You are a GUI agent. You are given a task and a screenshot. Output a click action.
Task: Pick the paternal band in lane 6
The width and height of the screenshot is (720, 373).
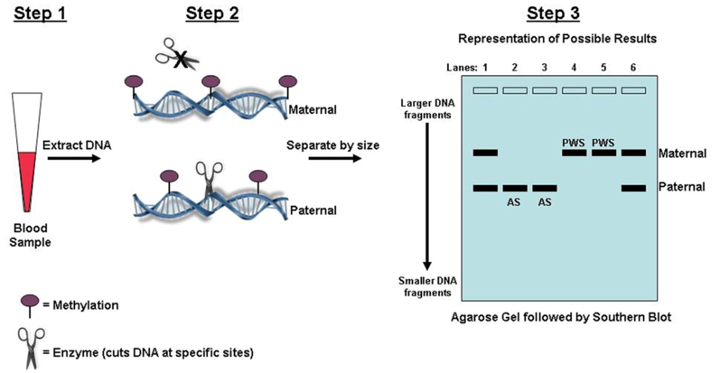(633, 188)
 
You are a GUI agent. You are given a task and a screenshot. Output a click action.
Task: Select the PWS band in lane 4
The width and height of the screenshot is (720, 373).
(574, 153)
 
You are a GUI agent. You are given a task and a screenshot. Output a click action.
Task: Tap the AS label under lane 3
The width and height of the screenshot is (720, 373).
(544, 203)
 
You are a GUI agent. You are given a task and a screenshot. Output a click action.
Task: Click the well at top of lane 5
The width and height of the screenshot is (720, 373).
(603, 90)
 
